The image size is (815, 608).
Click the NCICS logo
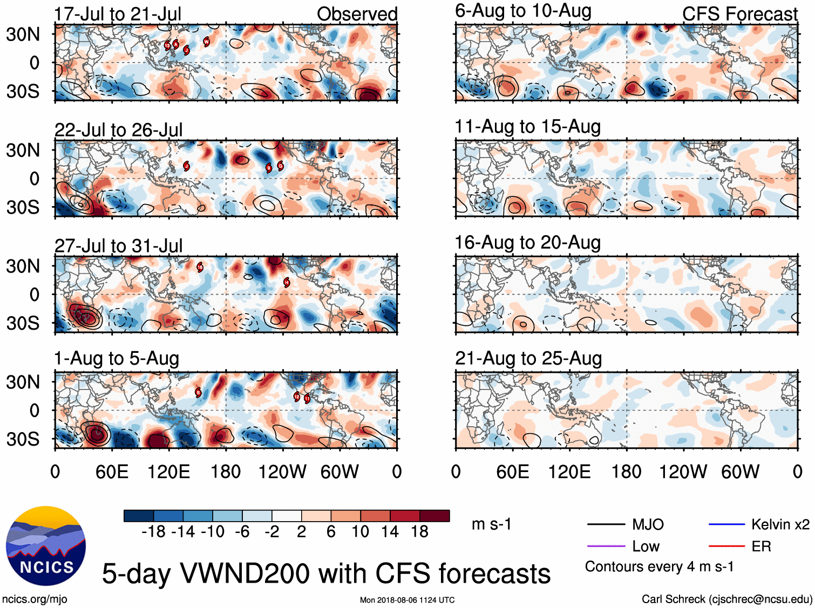pyautogui.click(x=46, y=546)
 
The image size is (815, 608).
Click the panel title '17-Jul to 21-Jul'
pyautogui.click(x=118, y=14)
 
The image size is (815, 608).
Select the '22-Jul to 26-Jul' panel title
pyautogui.click(x=118, y=130)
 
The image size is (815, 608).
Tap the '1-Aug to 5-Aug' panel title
pyautogui.click(x=117, y=359)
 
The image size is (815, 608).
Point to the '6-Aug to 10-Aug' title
pyautogui.click(x=523, y=11)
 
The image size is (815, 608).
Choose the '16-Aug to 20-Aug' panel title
pyautogui.click(x=527, y=243)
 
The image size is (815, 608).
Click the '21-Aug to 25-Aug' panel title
pyautogui.click(x=528, y=359)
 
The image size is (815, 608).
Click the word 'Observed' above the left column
pyautogui.click(x=357, y=14)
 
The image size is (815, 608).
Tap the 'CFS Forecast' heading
pyautogui.click(x=739, y=14)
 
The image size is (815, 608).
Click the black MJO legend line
pyautogui.click(x=606, y=524)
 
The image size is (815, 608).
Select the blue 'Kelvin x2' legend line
pyautogui.click(x=726, y=524)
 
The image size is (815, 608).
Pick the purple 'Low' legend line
pyautogui.click(x=606, y=546)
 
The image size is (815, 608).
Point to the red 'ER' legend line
pyautogui.click(x=726, y=546)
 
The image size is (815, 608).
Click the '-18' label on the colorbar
pyautogui.click(x=154, y=532)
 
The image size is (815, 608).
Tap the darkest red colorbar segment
pyautogui.click(x=434, y=516)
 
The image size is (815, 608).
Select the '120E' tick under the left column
pyautogui.click(x=168, y=472)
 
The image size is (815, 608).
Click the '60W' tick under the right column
pyautogui.click(x=740, y=472)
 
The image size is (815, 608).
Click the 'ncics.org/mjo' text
pyautogui.click(x=35, y=599)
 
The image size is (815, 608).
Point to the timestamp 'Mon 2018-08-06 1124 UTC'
pyautogui.click(x=407, y=600)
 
